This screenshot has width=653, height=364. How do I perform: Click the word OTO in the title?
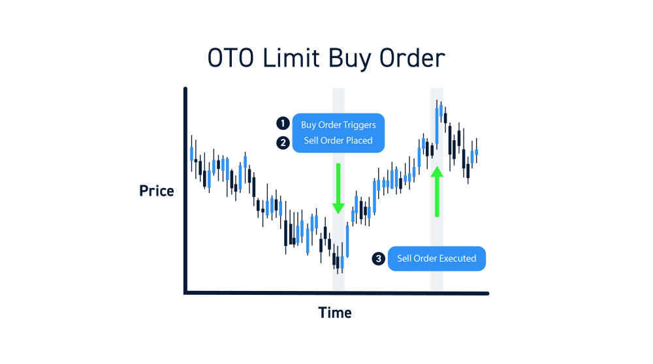pos(231,58)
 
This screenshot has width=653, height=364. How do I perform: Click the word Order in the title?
pos(412,58)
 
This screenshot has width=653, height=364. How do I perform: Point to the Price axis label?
pos(157,191)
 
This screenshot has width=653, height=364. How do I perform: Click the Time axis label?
pos(335,312)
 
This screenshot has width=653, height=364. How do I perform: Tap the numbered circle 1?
pos(283,123)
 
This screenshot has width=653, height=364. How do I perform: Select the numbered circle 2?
pos(283,143)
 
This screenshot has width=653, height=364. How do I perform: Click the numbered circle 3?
pos(378,259)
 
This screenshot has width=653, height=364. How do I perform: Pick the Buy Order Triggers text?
pos(338,125)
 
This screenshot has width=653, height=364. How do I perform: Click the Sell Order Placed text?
pos(338,141)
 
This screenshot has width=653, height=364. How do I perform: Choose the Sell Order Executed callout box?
pos(436,259)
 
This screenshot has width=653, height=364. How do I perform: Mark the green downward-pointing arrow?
pos(338,189)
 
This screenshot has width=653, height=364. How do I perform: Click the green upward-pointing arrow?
pos(437,191)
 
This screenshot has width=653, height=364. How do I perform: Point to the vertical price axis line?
pos(185,190)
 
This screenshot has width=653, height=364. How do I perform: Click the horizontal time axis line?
pos(336,294)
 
